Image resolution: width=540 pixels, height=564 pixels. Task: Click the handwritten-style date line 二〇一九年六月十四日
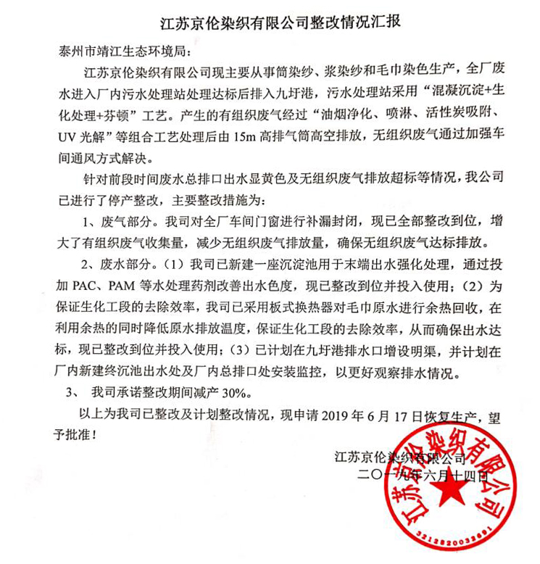(415, 476)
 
